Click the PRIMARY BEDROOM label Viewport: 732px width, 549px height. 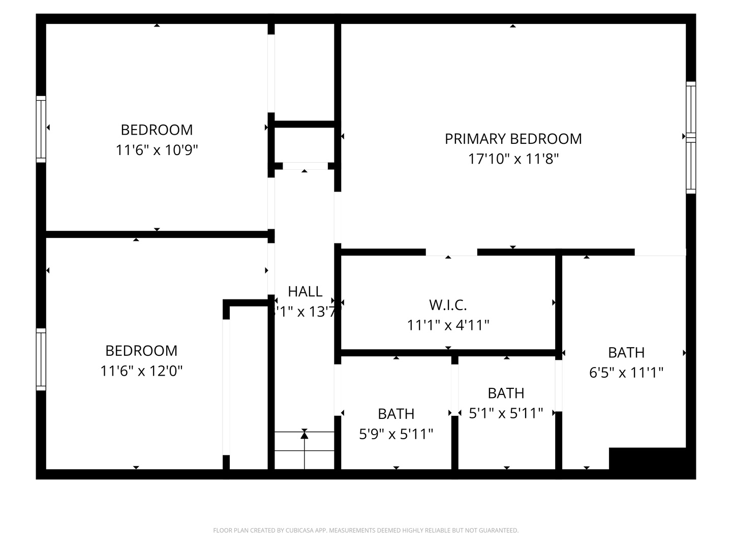pyautogui.click(x=513, y=139)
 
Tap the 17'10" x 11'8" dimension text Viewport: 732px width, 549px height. pyautogui.click(x=513, y=159)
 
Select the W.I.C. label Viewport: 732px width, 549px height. pyautogui.click(x=448, y=305)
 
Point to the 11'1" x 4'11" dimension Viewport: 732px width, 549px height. pyautogui.click(x=448, y=325)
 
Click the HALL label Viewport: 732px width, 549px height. pyautogui.click(x=305, y=291)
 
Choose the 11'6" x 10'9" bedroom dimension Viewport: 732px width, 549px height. pyautogui.click(x=157, y=150)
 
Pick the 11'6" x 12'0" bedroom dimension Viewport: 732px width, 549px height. pyautogui.click(x=141, y=371)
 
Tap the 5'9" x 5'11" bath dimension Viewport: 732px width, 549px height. pyautogui.click(x=396, y=434)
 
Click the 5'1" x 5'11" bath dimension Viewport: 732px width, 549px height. pyautogui.click(x=506, y=413)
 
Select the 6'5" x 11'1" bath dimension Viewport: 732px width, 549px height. pyautogui.click(x=626, y=373)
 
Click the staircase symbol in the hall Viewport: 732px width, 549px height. pyautogui.click(x=304, y=450)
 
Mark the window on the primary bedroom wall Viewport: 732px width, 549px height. pyautogui.click(x=691, y=137)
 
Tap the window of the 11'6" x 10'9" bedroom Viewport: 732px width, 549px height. pyautogui.click(x=41, y=129)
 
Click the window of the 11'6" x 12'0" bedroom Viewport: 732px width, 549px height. pyautogui.click(x=41, y=359)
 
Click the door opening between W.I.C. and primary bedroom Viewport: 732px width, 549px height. pyautogui.click(x=451, y=253)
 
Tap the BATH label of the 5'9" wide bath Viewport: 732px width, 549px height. pyautogui.click(x=396, y=414)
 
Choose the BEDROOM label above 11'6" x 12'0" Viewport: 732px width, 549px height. pyautogui.click(x=141, y=351)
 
